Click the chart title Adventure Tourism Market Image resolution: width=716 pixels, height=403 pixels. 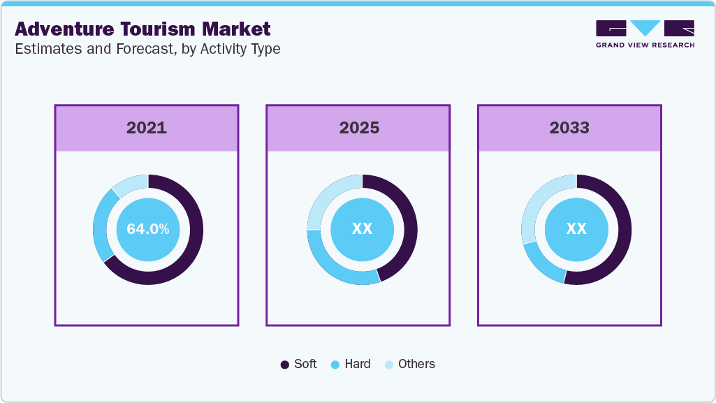143,29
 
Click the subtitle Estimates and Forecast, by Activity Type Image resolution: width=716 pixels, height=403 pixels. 147,50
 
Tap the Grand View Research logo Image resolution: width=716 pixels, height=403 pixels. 645,34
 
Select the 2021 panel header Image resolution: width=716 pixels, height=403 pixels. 147,128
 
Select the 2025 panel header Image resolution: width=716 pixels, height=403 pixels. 359,128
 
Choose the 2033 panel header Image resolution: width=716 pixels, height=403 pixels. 569,128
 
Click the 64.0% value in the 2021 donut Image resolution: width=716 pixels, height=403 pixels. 147,229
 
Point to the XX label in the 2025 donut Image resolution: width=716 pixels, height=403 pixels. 362,229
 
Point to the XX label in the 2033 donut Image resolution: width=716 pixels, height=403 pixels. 576,229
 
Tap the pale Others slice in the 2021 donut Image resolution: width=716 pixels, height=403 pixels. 131,183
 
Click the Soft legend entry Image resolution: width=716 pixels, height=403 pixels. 298,364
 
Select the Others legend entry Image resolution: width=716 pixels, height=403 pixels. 409,364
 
